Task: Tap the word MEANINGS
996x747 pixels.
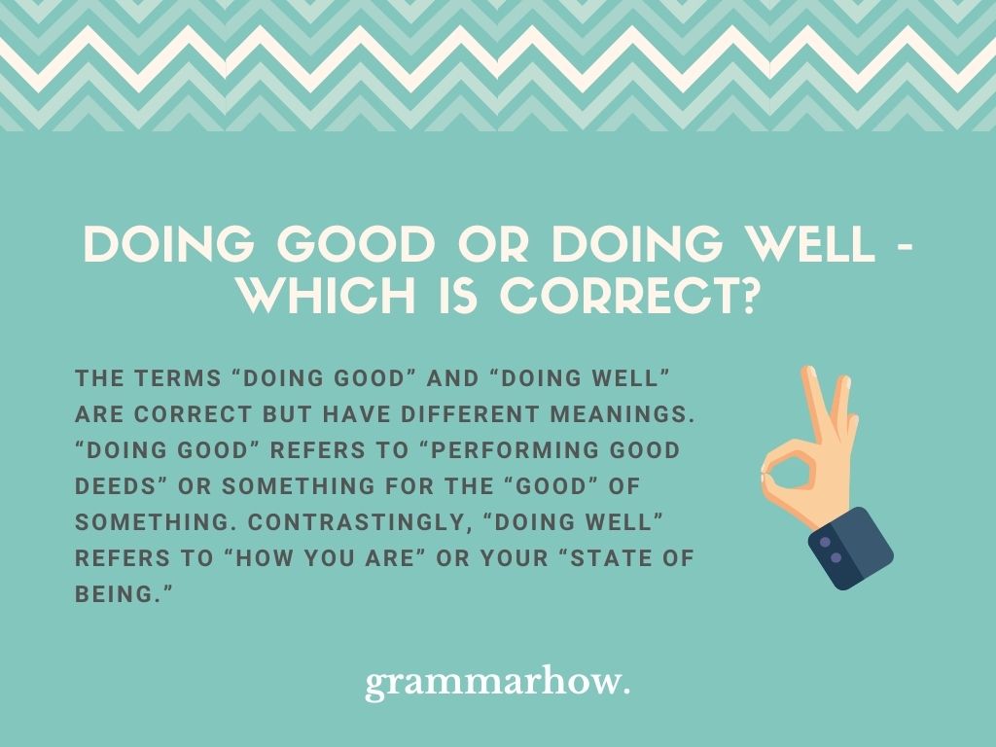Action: [622, 414]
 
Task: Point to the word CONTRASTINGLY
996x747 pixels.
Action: [360, 522]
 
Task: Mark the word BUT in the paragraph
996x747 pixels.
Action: [287, 414]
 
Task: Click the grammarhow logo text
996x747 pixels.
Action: [497, 684]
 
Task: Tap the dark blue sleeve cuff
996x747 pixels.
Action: [850, 549]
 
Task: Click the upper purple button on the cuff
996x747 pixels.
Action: [825, 543]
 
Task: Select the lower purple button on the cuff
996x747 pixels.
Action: [836, 557]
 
